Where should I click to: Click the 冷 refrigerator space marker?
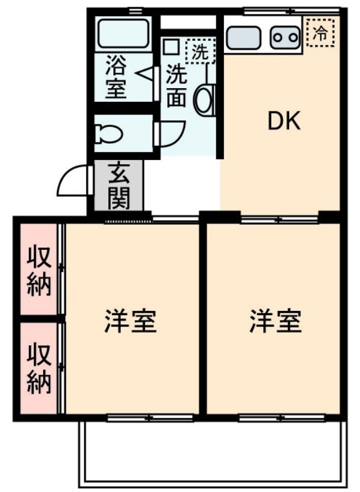coord(322,31)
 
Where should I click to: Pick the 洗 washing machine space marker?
coord(199,50)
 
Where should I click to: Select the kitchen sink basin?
coord(243,37)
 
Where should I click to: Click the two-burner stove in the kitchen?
coord(285,37)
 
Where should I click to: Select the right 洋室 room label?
coord(276,322)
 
